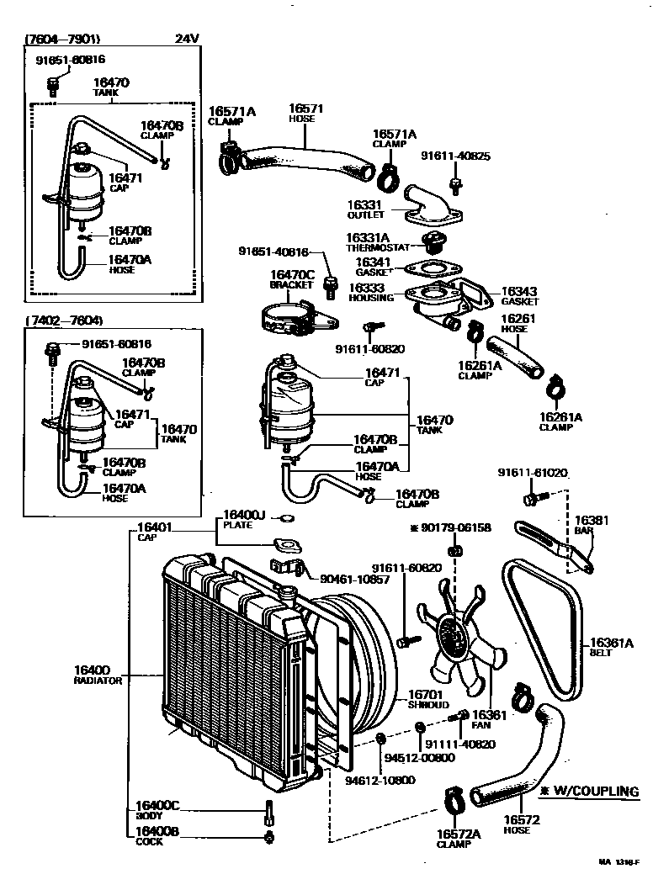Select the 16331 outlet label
(x=366, y=204)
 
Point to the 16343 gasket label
(x=519, y=291)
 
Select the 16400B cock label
(x=157, y=832)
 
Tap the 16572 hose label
(x=522, y=820)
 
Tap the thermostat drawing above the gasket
(x=433, y=244)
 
